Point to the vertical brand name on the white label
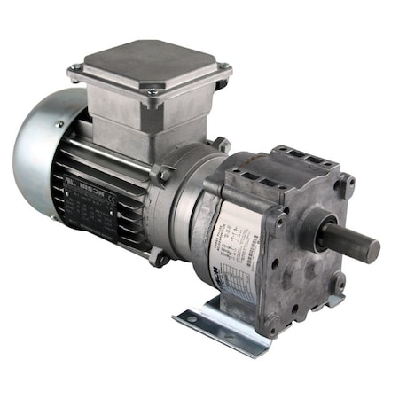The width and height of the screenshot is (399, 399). pyautogui.click(x=220, y=266)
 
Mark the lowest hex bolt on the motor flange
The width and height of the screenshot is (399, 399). pyautogui.click(x=160, y=260)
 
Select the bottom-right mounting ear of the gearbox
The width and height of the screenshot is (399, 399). pyautogui.click(x=338, y=284)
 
